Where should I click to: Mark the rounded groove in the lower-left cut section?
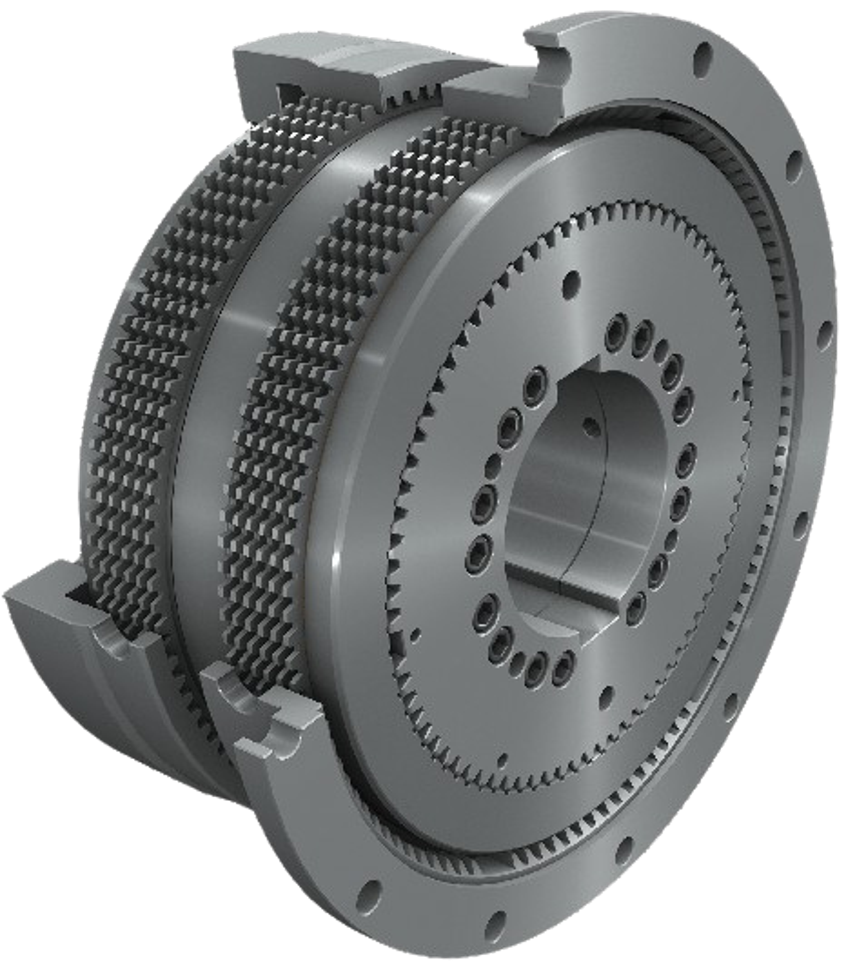click(x=118, y=642)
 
